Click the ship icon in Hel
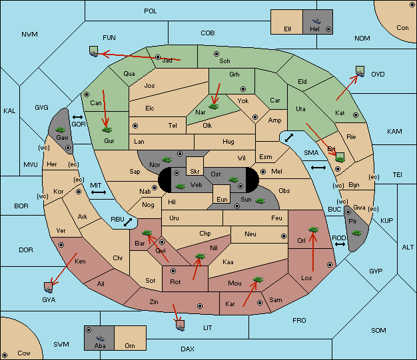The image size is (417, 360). coord(316,21)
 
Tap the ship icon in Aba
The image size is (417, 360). coord(101,337)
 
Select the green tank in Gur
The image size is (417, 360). coord(107,130)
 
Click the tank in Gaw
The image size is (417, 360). coord(61,130)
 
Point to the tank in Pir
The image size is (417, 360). coord(356,233)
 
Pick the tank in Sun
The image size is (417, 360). coord(260,201)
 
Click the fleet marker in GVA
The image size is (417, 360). coord(49,287)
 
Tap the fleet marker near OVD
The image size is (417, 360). coord(360,71)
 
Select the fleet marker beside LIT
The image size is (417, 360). coord(181,325)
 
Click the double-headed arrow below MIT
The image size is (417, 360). coord(99,192)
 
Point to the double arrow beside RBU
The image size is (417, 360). coord(128,222)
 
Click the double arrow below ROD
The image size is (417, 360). coord(340,244)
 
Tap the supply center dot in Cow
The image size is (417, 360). coord(5,355)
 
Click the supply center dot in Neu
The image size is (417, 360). coord(284,236)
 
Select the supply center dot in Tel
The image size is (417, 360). coord(135,125)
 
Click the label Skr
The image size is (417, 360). coord(195,172)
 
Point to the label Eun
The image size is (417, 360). coord(222,199)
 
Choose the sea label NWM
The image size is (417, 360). coord(29,35)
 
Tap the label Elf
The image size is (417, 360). coord(288,29)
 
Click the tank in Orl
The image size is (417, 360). coord(313,230)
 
